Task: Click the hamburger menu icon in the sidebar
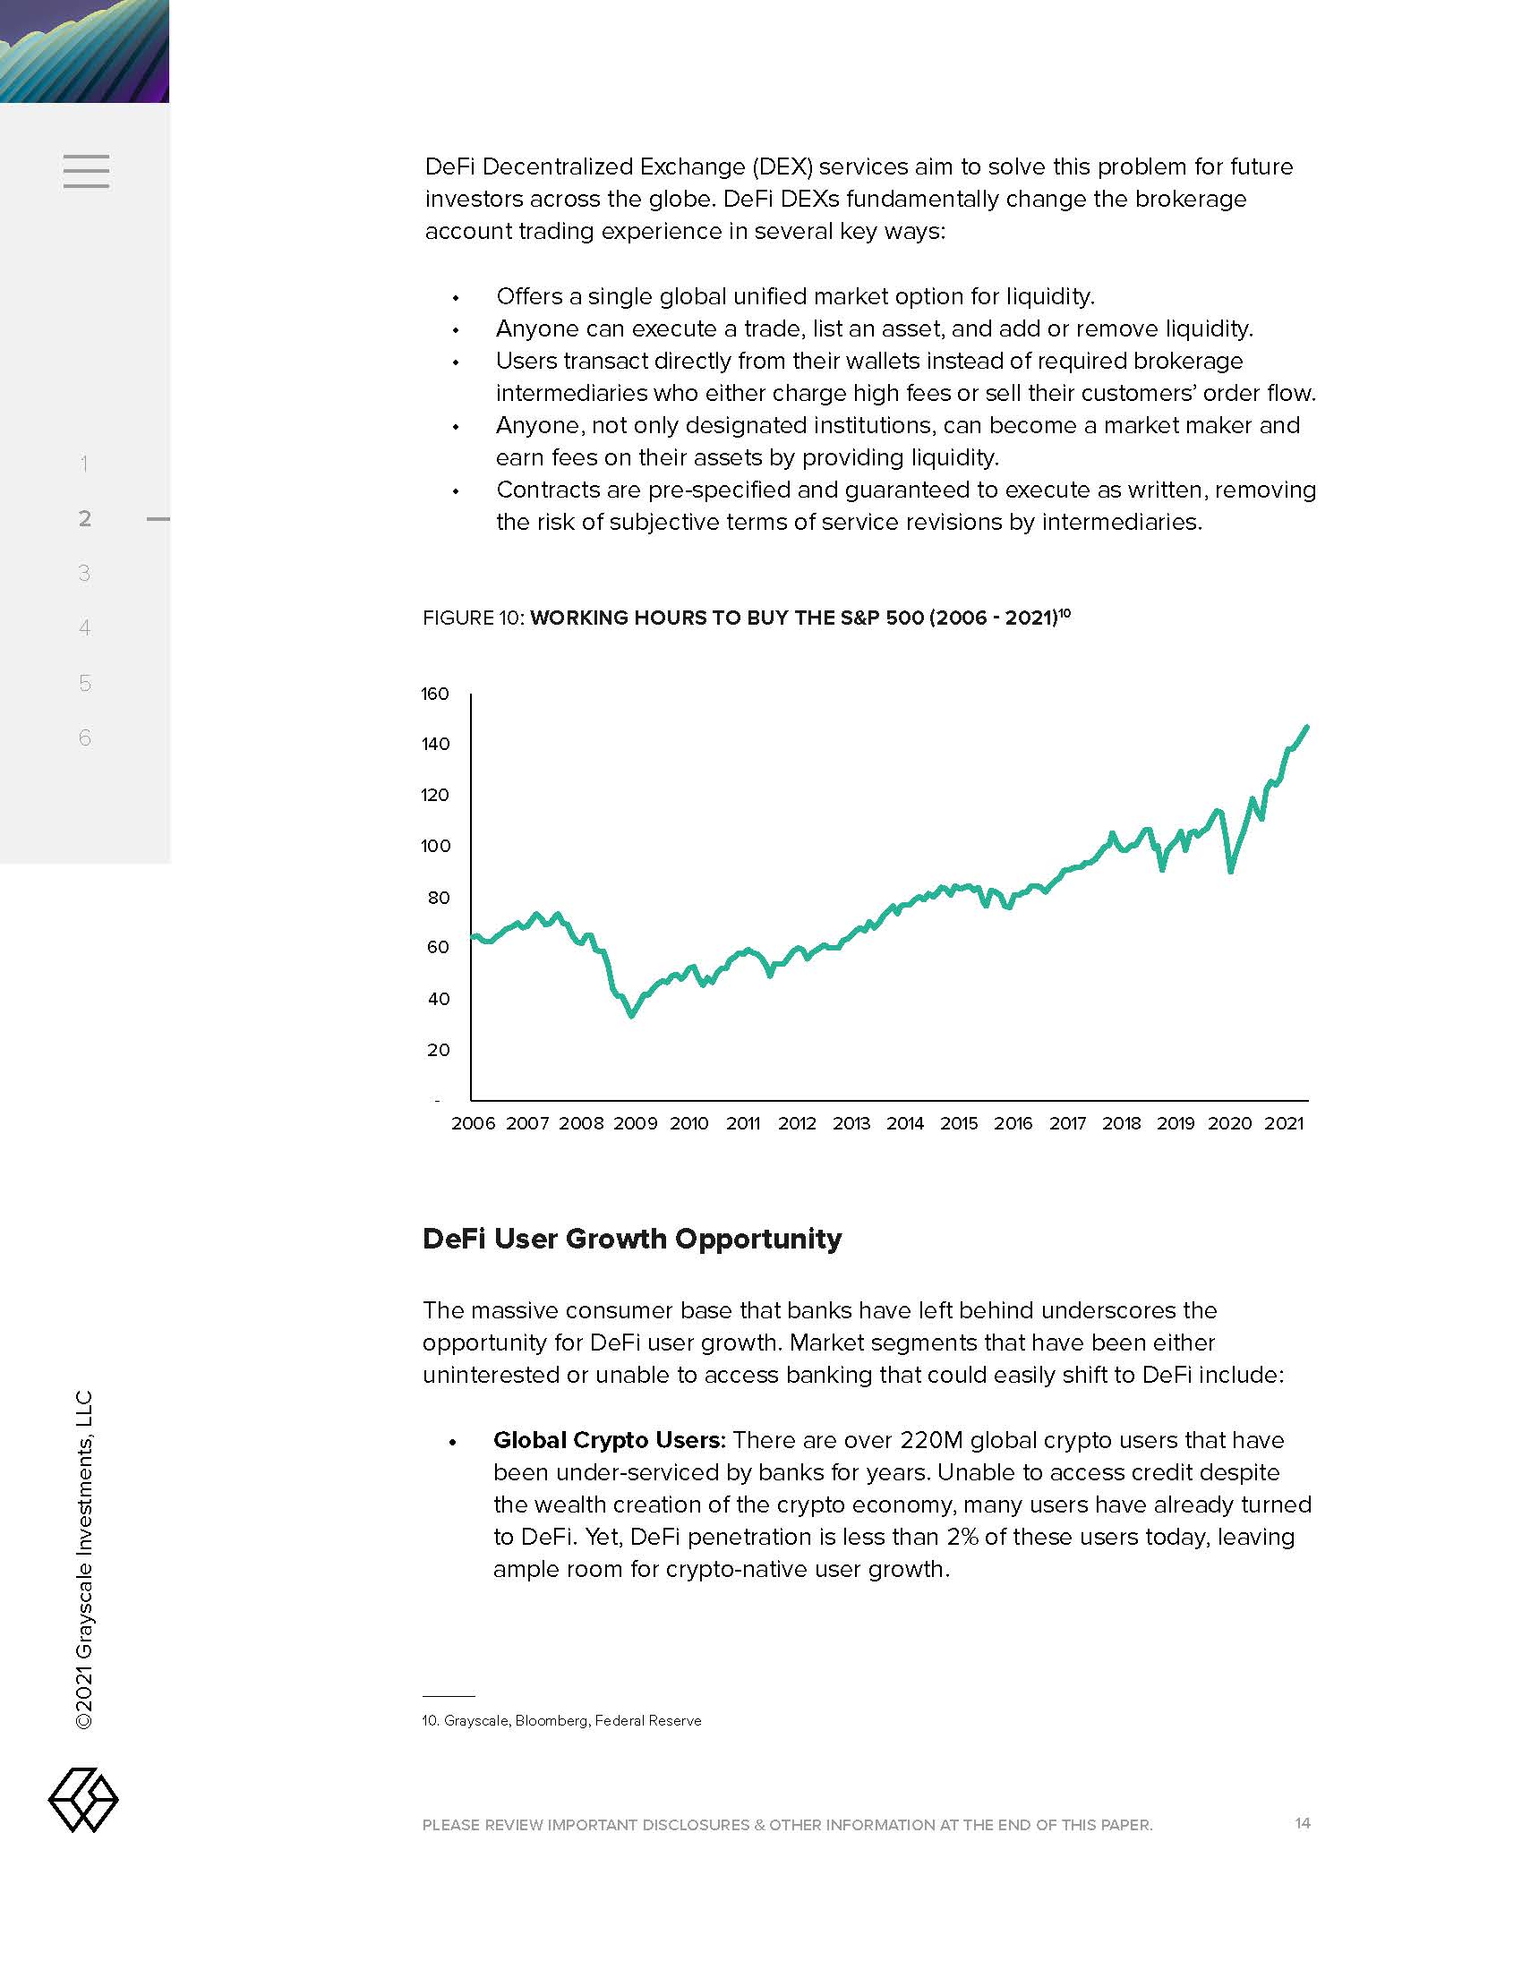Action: (x=87, y=171)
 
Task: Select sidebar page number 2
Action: (x=85, y=518)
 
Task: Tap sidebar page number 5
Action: (x=85, y=683)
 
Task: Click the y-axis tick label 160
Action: (x=434, y=694)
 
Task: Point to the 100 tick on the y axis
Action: (x=434, y=846)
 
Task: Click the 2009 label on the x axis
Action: (x=635, y=1123)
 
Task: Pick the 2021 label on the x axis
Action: (x=1284, y=1123)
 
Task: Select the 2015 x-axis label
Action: (x=959, y=1123)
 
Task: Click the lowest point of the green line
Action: (x=631, y=1015)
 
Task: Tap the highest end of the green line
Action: (x=1306, y=727)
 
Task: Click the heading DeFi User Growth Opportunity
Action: (x=631, y=1239)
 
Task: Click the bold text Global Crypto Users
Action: (x=609, y=1440)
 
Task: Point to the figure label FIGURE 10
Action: (x=473, y=618)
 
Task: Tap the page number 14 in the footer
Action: (x=1302, y=1823)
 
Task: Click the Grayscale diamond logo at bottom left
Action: (x=83, y=1801)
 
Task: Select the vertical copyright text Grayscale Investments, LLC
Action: (x=84, y=1560)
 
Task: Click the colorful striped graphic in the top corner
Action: (x=84, y=50)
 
